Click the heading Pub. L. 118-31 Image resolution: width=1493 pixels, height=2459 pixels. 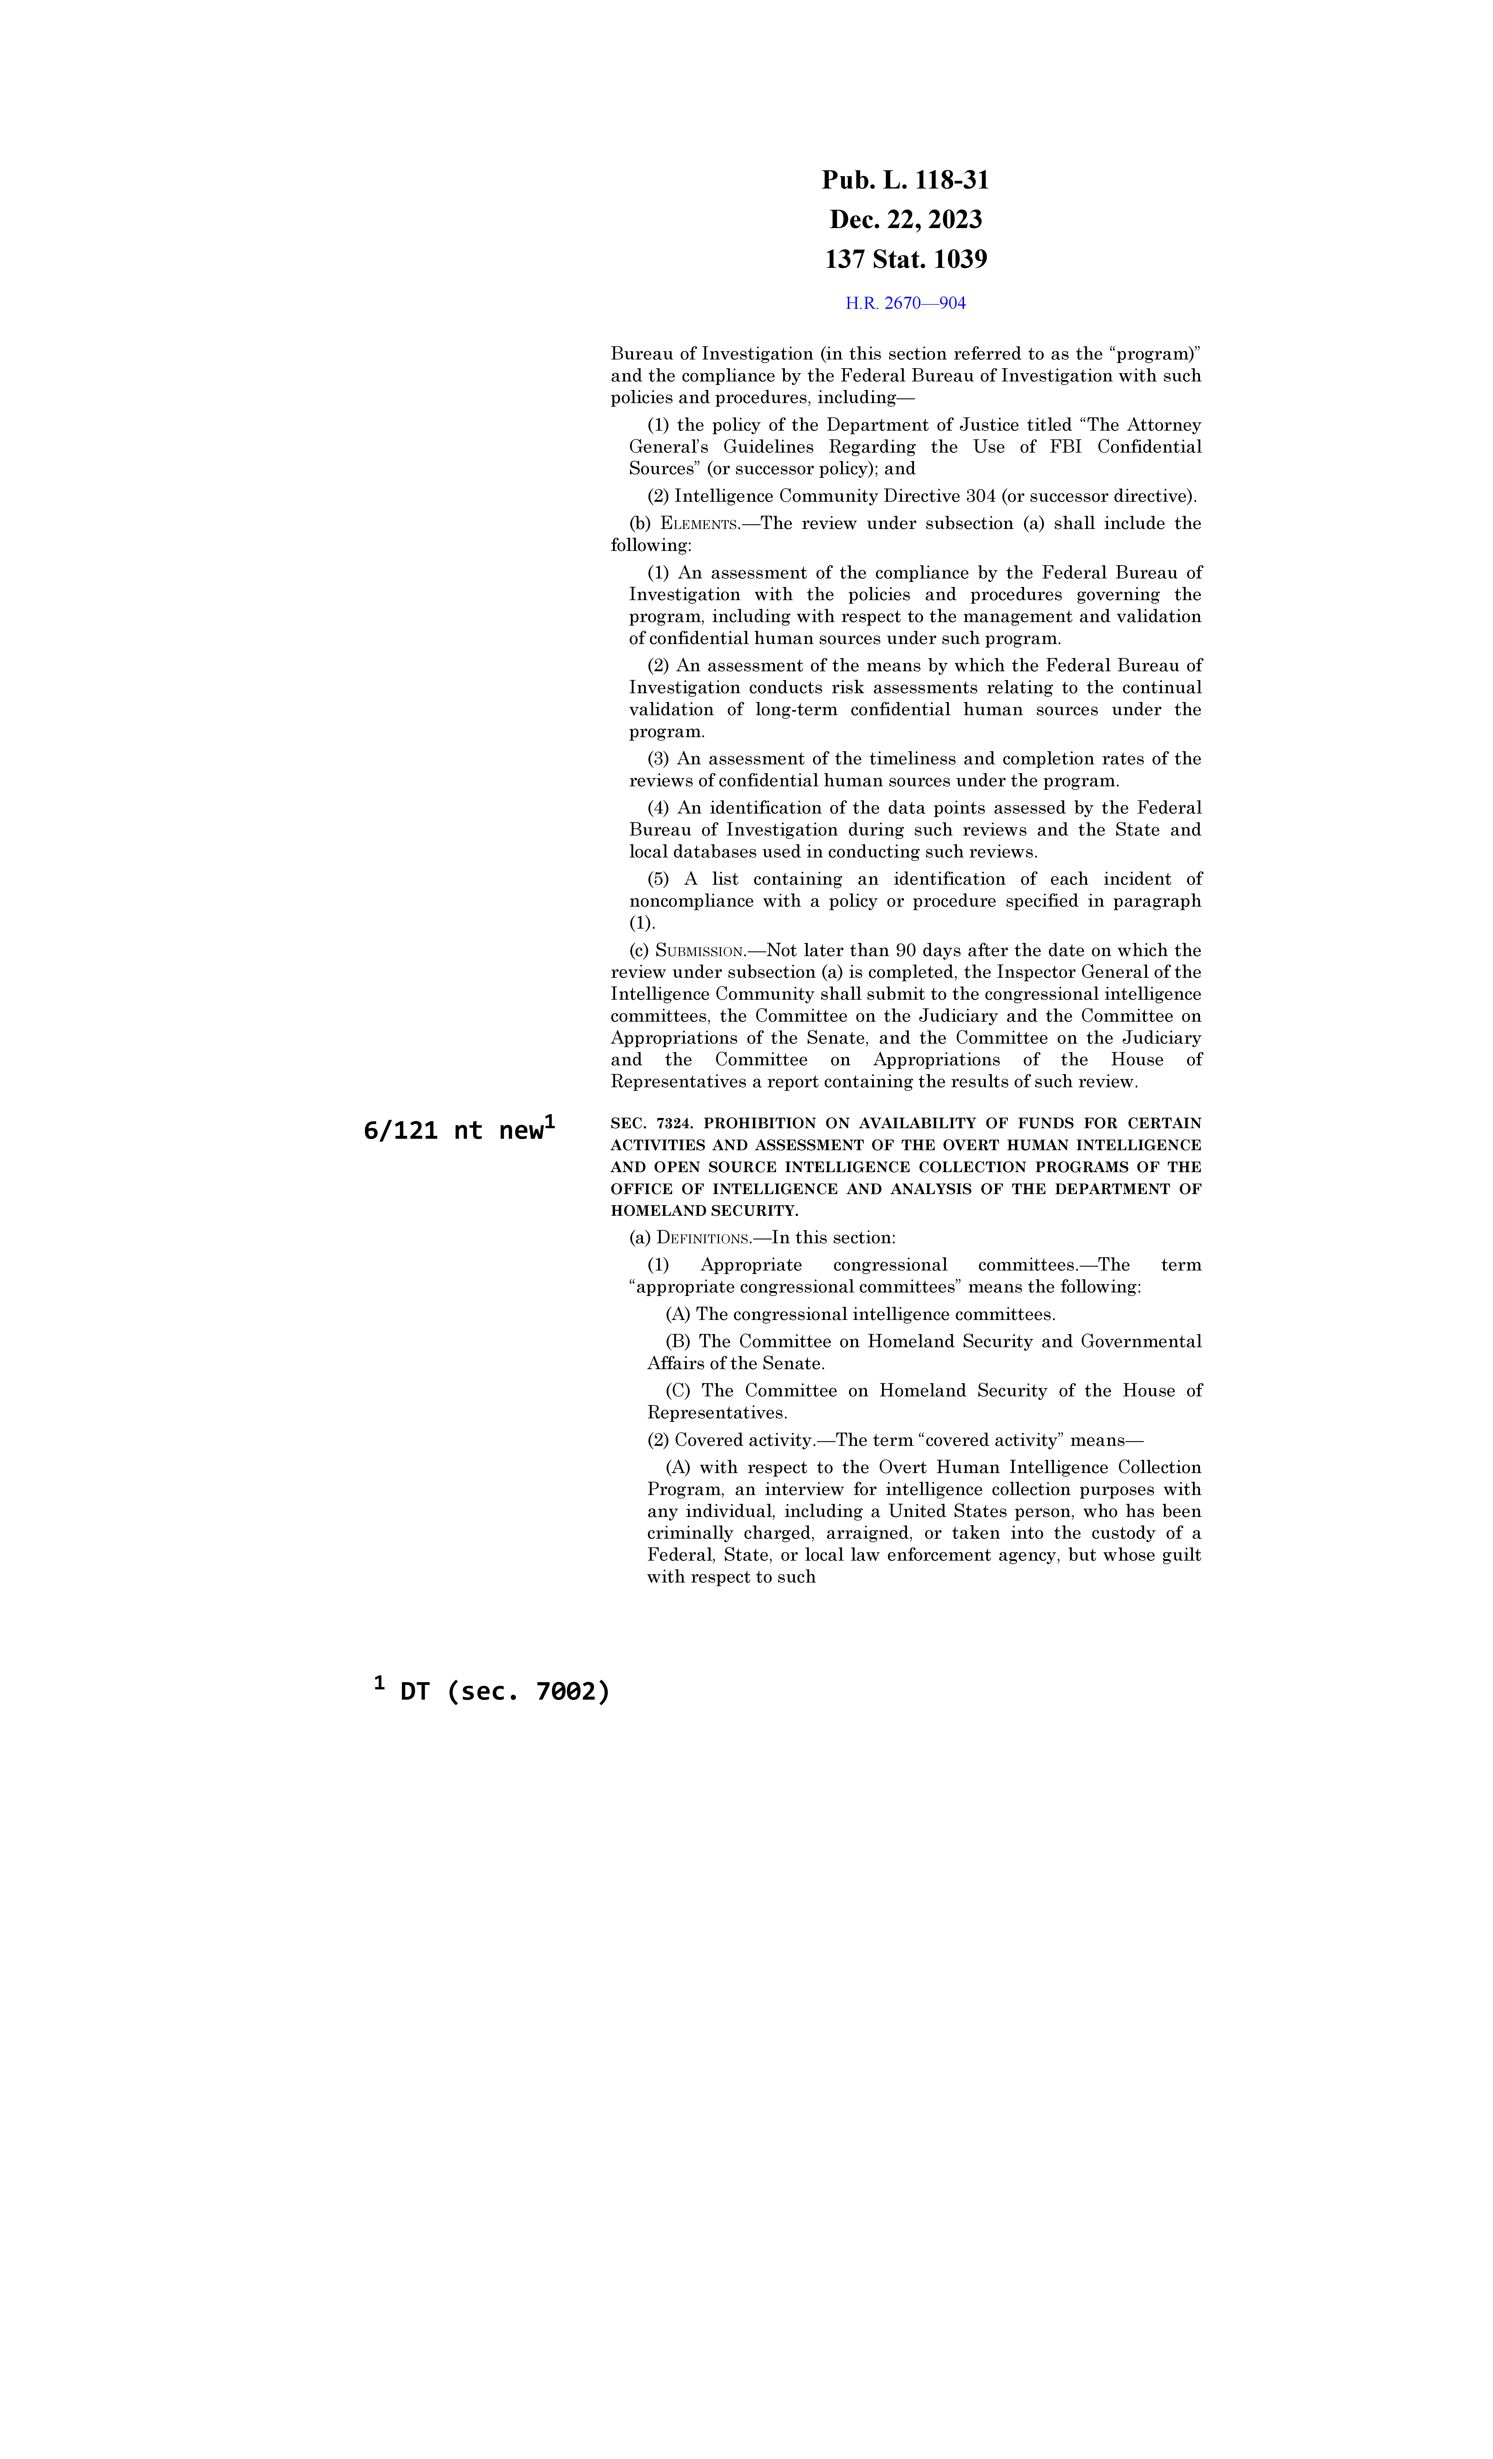[905, 181]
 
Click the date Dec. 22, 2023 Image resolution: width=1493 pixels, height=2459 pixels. [905, 220]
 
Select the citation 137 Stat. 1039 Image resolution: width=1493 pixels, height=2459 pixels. [905, 259]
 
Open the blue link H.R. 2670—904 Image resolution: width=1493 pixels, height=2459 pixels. [905, 303]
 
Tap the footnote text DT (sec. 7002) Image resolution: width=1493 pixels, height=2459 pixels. [504, 1691]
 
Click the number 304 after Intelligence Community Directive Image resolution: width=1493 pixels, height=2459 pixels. [981, 496]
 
